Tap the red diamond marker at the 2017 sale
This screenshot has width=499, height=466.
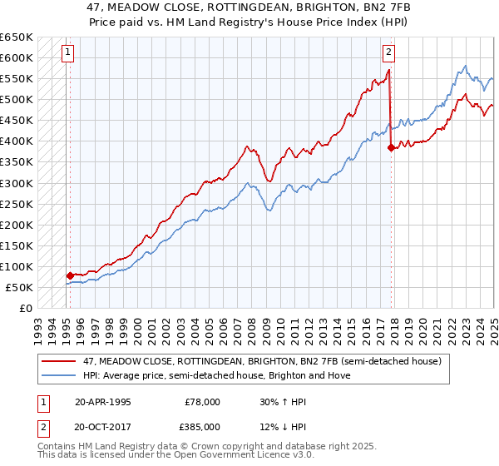click(x=391, y=147)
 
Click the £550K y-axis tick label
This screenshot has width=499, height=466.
click(x=17, y=78)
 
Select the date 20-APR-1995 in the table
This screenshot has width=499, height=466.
click(x=102, y=401)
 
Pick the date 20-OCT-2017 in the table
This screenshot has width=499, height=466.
click(x=103, y=426)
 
